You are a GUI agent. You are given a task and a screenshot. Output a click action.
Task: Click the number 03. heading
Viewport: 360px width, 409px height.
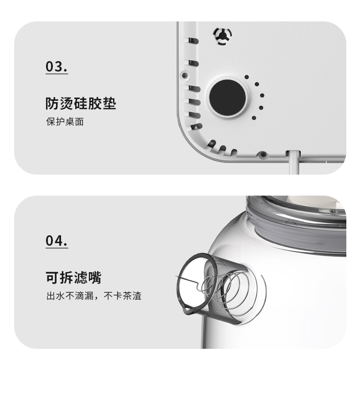(x=57, y=67)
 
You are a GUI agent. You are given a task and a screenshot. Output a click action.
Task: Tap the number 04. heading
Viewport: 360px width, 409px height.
(x=57, y=240)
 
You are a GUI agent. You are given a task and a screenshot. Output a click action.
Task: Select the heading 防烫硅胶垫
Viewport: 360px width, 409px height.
(x=81, y=104)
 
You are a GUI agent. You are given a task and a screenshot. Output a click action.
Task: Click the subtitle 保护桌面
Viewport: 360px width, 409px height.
(x=65, y=122)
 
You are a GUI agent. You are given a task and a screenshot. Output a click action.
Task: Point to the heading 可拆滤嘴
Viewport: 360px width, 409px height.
(x=73, y=277)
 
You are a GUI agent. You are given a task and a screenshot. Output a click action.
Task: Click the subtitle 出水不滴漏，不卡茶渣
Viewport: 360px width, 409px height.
(x=94, y=296)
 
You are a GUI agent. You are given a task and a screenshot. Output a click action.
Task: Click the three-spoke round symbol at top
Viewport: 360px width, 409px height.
(x=222, y=36)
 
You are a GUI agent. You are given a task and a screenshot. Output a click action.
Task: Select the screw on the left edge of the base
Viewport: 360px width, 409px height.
(x=185, y=76)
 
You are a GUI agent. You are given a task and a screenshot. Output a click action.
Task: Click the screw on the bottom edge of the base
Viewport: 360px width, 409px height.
(x=263, y=154)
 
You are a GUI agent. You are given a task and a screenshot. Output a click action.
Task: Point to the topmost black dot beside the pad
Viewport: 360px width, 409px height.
(x=247, y=77)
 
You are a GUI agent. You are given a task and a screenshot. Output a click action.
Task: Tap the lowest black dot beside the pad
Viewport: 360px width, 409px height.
(x=254, y=118)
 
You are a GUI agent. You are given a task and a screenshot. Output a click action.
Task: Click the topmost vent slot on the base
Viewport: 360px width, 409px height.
(x=193, y=41)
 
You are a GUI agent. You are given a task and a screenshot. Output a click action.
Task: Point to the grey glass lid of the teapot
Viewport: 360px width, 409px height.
(x=296, y=224)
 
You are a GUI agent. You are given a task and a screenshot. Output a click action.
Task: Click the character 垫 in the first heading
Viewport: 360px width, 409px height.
(x=109, y=104)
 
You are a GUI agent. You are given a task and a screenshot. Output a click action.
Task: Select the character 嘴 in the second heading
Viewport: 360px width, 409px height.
(x=95, y=277)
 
